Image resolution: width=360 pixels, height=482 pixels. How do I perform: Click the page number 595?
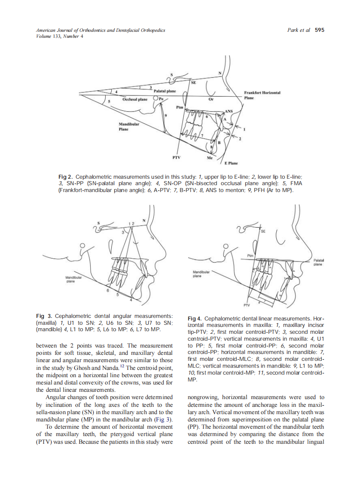click(319, 30)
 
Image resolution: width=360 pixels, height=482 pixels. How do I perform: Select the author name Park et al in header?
click(298, 30)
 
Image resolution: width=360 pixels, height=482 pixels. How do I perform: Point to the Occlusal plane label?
click(135, 99)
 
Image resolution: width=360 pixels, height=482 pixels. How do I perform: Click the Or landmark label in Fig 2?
click(211, 99)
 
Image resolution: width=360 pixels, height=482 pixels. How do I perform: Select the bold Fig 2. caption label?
click(65, 177)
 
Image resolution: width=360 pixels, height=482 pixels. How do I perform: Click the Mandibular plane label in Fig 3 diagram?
click(70, 280)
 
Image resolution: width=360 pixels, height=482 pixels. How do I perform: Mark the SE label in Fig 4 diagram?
click(263, 231)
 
